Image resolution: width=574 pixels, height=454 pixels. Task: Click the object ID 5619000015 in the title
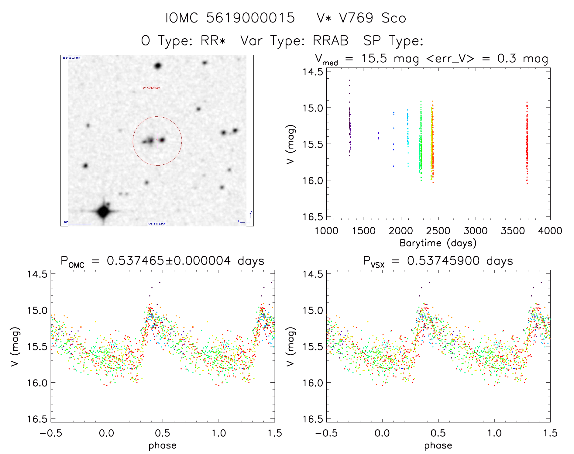click(250, 18)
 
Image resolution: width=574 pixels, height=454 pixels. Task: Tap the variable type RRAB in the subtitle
click(331, 41)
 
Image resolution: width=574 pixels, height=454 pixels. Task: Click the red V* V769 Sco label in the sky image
click(152, 88)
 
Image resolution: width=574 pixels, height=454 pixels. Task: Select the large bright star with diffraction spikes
click(103, 211)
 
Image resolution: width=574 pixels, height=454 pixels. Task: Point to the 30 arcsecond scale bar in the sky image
click(77, 224)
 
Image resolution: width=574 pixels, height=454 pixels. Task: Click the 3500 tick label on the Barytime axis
click(513, 231)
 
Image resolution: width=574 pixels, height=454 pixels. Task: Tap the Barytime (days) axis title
click(438, 243)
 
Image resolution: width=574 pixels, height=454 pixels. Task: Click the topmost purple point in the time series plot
click(349, 80)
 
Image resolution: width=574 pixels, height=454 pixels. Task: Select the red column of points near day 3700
click(527, 143)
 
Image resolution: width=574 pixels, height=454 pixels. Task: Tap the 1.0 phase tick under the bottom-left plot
click(219, 433)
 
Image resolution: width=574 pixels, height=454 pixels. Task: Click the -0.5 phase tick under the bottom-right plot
click(326, 433)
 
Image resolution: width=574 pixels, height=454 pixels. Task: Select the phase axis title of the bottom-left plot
click(163, 445)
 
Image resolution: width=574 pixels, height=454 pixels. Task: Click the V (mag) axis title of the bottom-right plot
click(290, 346)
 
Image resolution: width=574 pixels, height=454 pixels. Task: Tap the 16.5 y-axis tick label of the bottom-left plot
click(37, 419)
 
